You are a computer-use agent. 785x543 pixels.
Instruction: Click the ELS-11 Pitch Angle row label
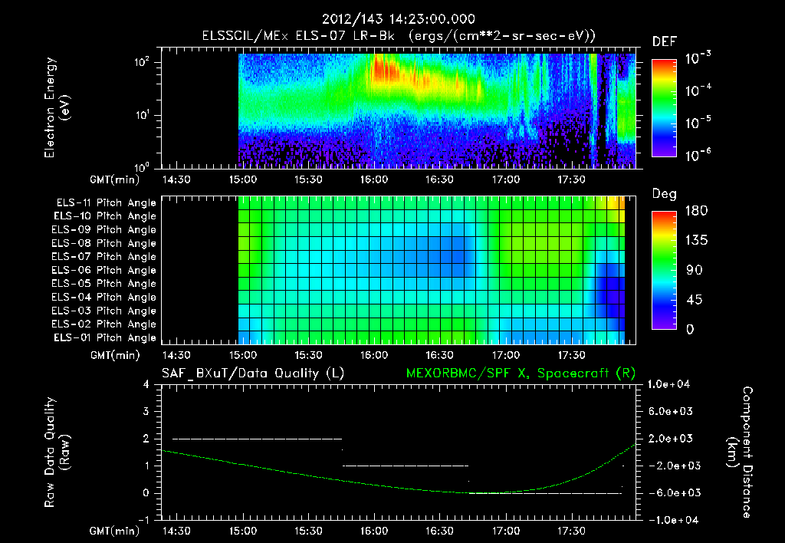click(106, 202)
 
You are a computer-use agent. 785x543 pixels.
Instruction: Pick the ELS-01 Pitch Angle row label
click(106, 337)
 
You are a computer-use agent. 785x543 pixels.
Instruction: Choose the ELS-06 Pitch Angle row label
click(106, 270)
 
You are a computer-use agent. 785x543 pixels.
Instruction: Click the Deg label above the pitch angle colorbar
click(664, 194)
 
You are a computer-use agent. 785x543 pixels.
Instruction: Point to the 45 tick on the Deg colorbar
click(690, 300)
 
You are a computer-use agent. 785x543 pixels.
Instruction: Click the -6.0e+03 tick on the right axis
click(671, 493)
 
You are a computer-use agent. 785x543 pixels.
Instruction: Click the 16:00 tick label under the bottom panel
click(375, 531)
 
